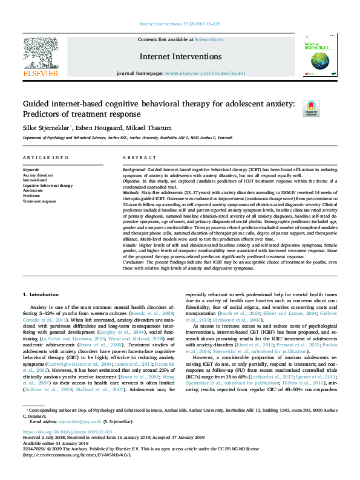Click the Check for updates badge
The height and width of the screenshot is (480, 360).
coord(310,108)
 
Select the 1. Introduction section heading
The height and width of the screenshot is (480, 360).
coord(41,294)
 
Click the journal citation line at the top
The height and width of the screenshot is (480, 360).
coord(180,24)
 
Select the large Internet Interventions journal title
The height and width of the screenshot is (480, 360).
coord(180,56)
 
